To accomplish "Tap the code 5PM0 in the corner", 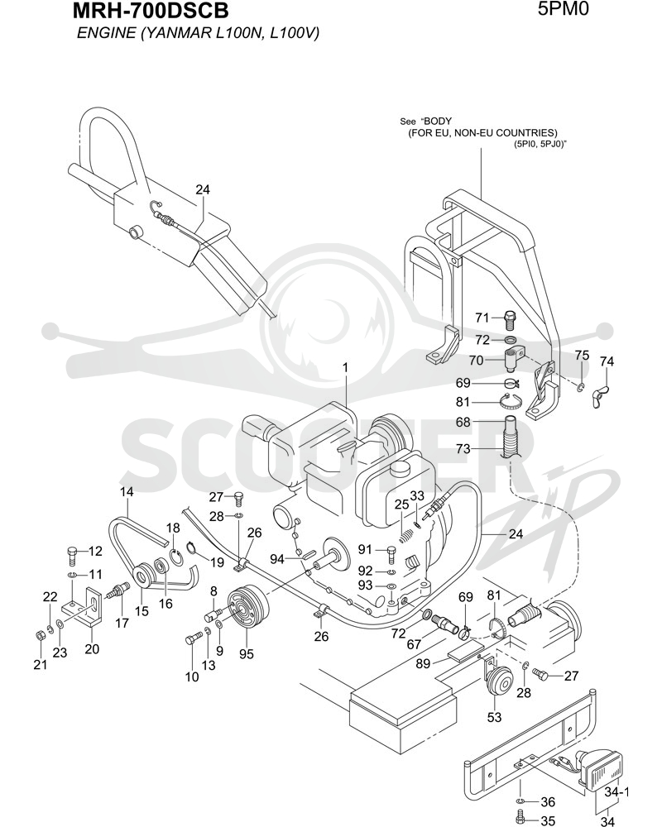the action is click(x=564, y=8).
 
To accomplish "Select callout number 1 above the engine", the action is click(x=346, y=368).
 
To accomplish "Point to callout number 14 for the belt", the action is click(x=126, y=491).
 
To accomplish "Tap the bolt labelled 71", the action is click(x=509, y=319).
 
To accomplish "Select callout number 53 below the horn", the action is click(x=494, y=717).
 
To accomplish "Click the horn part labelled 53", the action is click(x=497, y=681).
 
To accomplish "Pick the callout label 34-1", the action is click(x=617, y=792).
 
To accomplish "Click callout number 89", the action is click(x=424, y=663).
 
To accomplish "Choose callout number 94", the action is click(x=277, y=558).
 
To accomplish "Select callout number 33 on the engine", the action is click(x=417, y=495).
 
